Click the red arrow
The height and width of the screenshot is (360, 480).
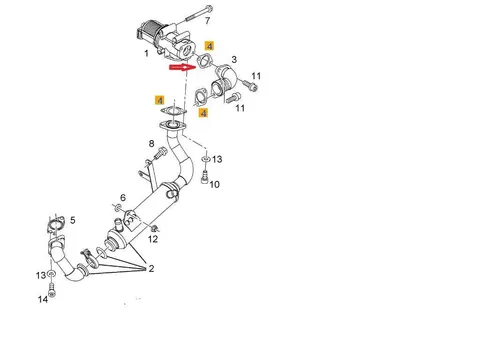(x=182, y=68)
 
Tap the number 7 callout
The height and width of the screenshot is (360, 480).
(x=208, y=21)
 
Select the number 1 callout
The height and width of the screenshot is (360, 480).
(x=146, y=53)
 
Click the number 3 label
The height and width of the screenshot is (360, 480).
(x=234, y=59)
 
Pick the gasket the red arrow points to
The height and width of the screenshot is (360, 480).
(x=205, y=60)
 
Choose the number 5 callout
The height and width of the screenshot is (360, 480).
(x=73, y=220)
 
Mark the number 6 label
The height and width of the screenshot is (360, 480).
(x=123, y=198)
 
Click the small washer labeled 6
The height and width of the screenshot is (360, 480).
(x=118, y=208)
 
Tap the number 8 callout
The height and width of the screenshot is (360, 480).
(x=151, y=144)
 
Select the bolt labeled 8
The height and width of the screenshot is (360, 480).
(x=161, y=153)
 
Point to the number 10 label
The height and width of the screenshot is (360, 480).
(x=214, y=184)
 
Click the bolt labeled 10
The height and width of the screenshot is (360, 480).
(x=205, y=176)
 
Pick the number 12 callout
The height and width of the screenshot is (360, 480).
(x=153, y=239)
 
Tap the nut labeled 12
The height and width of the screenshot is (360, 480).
(x=154, y=228)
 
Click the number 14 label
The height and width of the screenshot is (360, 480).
(x=43, y=299)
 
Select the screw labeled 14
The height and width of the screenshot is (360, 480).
(x=51, y=290)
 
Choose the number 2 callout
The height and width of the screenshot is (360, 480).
(x=151, y=268)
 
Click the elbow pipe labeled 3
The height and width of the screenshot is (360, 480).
(x=225, y=82)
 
